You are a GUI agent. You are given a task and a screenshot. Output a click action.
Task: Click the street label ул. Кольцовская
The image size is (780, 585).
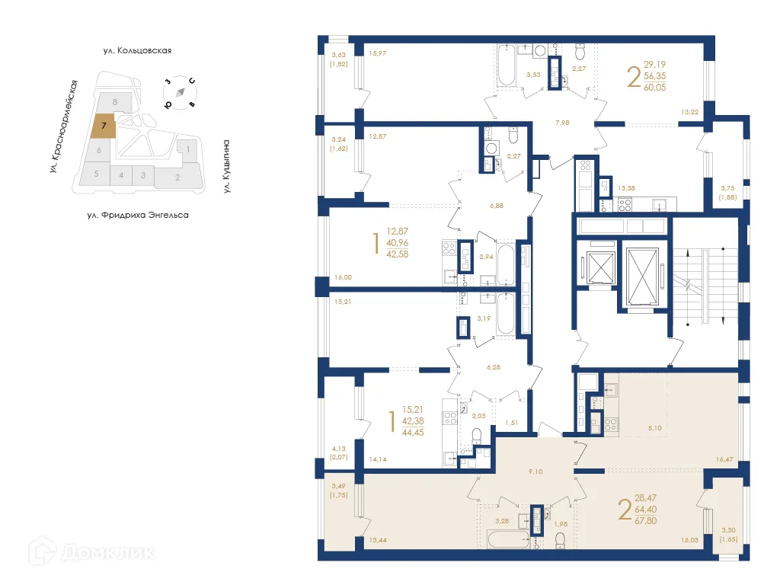point(137,51)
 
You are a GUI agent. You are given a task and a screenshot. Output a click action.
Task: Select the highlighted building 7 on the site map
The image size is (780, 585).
point(104,126)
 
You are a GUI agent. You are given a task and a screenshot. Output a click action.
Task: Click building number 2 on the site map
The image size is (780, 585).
point(177,178)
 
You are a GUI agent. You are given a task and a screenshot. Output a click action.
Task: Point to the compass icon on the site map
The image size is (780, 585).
point(180,92)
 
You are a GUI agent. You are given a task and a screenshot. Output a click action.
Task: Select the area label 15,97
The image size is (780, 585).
point(378,53)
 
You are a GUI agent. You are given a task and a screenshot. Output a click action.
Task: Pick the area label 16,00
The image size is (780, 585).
point(343,278)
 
